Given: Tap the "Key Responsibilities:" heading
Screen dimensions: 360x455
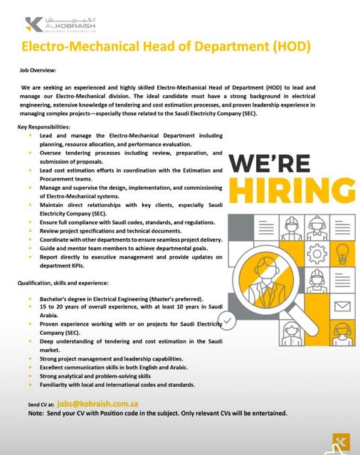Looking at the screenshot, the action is click(x=44, y=126).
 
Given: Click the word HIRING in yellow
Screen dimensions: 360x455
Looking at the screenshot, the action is click(x=292, y=191).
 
